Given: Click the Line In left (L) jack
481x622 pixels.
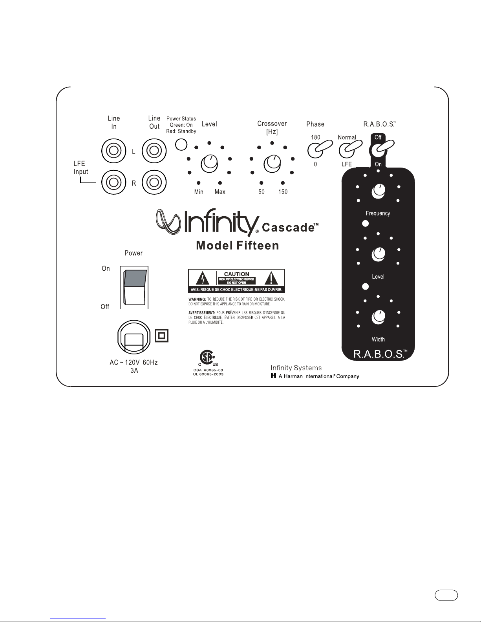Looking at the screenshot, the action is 114,150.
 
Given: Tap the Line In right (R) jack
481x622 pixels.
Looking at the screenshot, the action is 114,182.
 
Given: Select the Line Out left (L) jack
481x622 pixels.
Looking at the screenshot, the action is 154,150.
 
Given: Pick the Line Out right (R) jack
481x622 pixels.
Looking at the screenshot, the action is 154,182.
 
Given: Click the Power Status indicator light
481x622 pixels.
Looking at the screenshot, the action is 181,144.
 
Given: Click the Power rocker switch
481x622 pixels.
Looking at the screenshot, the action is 135,287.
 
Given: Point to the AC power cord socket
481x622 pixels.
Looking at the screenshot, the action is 134,337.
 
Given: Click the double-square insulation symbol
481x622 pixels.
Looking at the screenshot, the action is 162,336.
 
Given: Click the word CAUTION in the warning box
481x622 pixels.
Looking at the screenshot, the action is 236,274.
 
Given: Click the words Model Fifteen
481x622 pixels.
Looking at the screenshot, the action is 238,246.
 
